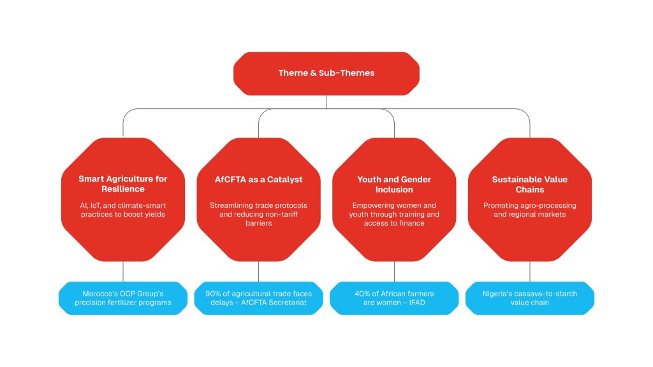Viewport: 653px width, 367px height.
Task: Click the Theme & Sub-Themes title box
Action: pyautogui.click(x=326, y=73)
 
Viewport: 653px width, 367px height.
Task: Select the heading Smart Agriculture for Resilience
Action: pyautogui.click(x=122, y=183)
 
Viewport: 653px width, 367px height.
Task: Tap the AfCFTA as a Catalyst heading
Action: pyautogui.click(x=258, y=180)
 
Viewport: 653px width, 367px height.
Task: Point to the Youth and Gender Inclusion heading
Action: pyautogui.click(x=394, y=184)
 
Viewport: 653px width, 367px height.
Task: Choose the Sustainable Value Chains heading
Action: pyautogui.click(x=529, y=184)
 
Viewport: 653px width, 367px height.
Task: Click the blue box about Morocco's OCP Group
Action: pyautogui.click(x=122, y=298)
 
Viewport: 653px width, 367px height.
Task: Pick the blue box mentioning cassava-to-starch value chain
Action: pyautogui.click(x=529, y=298)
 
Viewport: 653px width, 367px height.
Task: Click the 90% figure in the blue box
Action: pyautogui.click(x=214, y=294)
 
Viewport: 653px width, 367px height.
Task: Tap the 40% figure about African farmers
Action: pyautogui.click(x=363, y=294)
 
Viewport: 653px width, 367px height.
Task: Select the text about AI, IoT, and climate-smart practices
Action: pyautogui.click(x=122, y=210)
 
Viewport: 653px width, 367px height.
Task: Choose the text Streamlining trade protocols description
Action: pyautogui.click(x=258, y=214)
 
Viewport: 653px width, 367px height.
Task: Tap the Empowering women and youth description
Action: pyautogui.click(x=394, y=214)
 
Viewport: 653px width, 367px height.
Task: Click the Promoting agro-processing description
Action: pyautogui.click(x=529, y=210)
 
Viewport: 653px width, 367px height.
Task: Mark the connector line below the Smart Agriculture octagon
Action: pyautogui.click(x=122, y=271)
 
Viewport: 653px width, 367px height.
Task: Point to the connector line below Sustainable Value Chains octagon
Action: pyautogui.click(x=529, y=271)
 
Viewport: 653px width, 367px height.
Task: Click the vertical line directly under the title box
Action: pyautogui.click(x=326, y=101)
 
